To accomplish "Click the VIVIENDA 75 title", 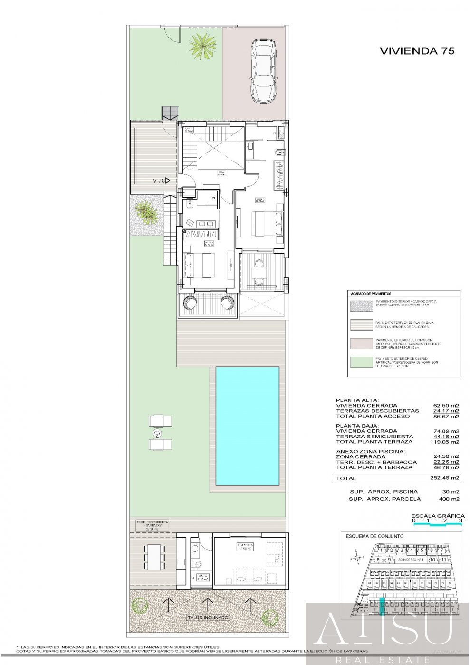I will click(417, 51).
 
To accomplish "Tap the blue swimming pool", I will click(247, 425).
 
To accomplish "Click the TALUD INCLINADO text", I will click(207, 617).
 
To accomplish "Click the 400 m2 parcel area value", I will click(449, 499).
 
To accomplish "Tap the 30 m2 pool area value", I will click(451, 491).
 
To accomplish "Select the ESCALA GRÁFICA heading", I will click(437, 515).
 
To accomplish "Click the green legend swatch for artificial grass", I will click(361, 362).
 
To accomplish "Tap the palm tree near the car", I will click(203, 46).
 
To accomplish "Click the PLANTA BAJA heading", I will click(357, 426).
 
